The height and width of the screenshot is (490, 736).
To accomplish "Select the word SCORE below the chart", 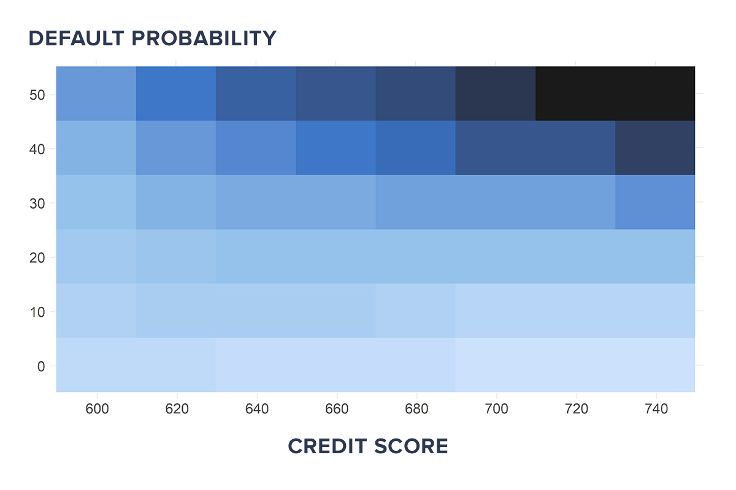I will coord(411,447).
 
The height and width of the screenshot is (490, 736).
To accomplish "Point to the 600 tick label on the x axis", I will coord(97,409).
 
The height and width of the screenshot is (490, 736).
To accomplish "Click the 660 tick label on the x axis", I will coord(336,409).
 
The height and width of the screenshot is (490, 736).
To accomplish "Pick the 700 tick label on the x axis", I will coord(496,409).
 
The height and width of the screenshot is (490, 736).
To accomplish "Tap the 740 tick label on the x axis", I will coord(656,409).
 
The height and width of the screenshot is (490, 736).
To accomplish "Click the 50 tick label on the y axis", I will coord(37,94).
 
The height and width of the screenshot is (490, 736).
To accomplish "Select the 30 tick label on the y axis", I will coord(37,203).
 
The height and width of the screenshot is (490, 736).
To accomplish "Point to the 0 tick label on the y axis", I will coord(40,366).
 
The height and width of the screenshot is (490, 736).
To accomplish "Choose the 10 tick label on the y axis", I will coord(37,312).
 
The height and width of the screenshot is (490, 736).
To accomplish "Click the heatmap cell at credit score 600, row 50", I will coord(96,94).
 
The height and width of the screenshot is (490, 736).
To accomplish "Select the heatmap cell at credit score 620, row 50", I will coord(176,94).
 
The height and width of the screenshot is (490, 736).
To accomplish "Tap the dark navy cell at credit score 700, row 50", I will coord(496,94).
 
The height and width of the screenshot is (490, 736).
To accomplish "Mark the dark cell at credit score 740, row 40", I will coord(655,148).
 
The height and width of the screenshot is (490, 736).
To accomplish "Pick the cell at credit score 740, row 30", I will coord(655,202).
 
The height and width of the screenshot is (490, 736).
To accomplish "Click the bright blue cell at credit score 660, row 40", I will coord(336,148).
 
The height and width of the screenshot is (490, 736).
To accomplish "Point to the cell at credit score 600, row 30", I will coord(96,202).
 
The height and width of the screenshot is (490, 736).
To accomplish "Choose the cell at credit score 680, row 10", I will coord(416,311).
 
